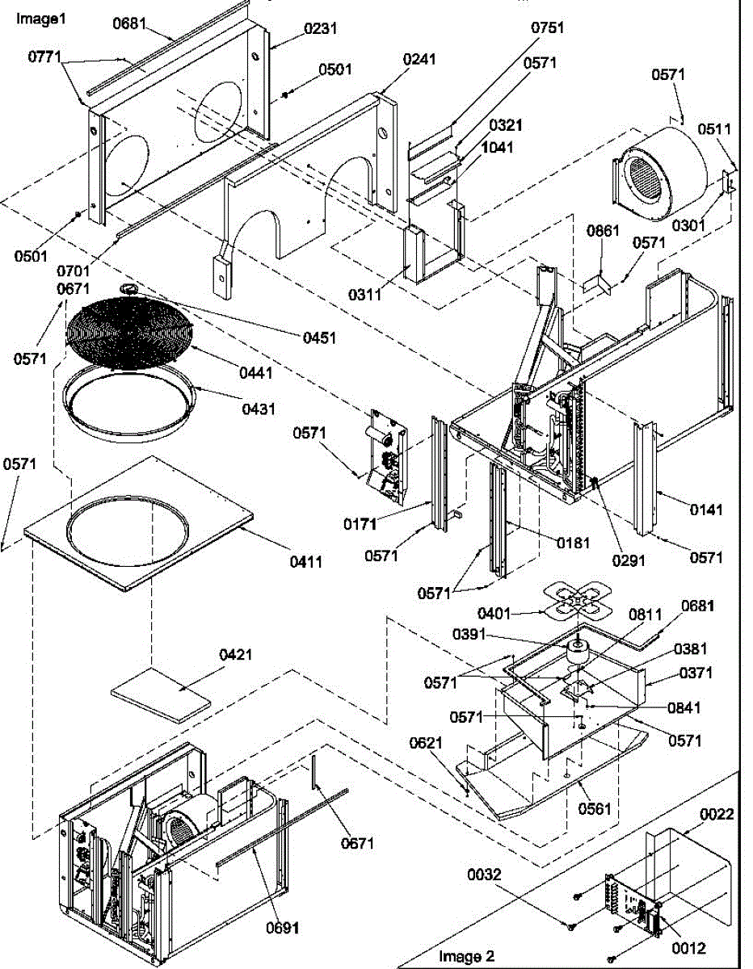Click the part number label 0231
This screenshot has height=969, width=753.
click(x=321, y=28)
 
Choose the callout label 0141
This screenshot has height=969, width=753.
click(x=706, y=510)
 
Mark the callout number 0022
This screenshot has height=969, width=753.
click(x=717, y=814)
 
